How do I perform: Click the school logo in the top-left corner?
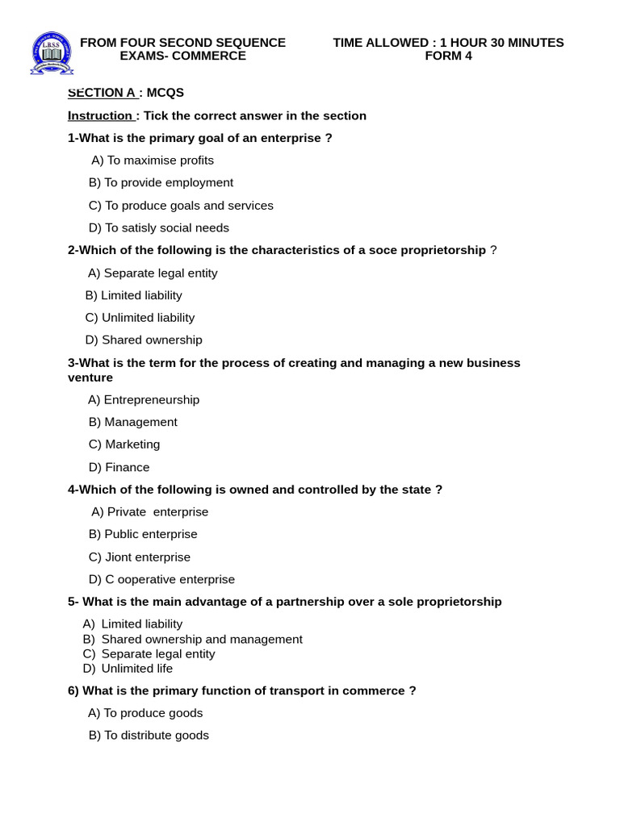coord(51,53)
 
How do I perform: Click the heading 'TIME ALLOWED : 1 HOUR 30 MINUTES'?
coord(448,43)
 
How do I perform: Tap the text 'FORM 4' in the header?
coord(448,56)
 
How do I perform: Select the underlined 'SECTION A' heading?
coord(102,93)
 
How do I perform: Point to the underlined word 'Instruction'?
coord(100,115)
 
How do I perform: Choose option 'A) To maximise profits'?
coord(153,160)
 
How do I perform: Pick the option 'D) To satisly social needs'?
coord(159,227)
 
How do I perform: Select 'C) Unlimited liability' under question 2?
coord(140,317)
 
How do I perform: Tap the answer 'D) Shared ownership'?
coord(144,340)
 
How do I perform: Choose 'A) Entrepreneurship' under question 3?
coord(144,399)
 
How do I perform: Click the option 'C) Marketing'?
coord(124,444)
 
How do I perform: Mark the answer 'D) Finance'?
coord(119,467)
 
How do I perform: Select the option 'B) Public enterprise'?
coord(143,534)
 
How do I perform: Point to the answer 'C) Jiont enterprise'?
coord(140,557)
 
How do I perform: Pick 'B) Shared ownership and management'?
coord(192,639)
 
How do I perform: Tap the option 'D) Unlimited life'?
coord(128,668)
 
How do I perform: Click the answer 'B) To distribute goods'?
coord(149,735)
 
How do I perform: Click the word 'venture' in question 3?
coord(90,378)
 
